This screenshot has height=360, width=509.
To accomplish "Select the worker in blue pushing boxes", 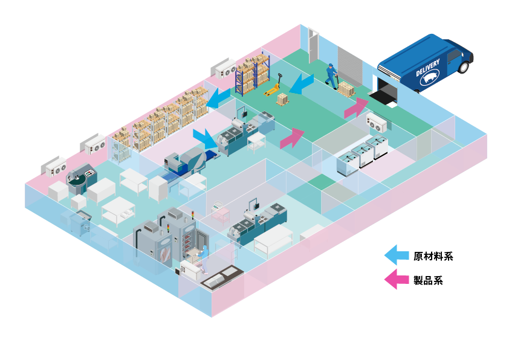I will point(331,75).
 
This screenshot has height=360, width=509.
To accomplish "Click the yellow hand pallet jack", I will point(274,86).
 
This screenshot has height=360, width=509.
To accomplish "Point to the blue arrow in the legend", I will point(396,255).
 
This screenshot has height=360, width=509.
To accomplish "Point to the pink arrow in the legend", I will point(396,280).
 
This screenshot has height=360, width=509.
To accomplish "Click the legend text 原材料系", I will point(433,256).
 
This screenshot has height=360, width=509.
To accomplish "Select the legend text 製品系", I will point(428,280).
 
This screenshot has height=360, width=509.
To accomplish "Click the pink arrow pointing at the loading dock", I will point(356,107).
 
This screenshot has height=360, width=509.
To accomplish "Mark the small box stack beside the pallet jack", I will point(282,98).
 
